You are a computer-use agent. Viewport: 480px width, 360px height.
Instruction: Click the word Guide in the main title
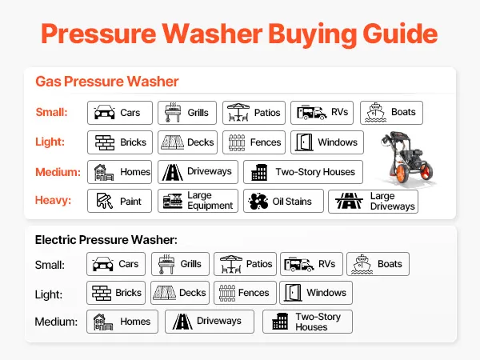(400, 34)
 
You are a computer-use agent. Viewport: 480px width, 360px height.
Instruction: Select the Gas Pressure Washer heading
(107, 82)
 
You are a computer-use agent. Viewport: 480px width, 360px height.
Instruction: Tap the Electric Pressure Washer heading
(106, 240)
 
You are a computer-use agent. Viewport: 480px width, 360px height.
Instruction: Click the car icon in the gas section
(104, 112)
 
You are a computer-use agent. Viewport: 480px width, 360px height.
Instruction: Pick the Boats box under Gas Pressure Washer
(391, 113)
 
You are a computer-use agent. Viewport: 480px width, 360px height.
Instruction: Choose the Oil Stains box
(283, 201)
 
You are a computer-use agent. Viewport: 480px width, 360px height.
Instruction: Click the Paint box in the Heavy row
(119, 201)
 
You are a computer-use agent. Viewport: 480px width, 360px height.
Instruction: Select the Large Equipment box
(198, 201)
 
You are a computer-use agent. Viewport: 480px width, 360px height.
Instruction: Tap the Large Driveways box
(373, 202)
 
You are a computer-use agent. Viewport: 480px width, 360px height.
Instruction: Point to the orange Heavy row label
(53, 200)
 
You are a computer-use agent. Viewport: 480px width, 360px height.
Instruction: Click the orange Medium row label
(58, 172)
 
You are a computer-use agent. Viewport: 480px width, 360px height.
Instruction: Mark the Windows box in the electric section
(316, 293)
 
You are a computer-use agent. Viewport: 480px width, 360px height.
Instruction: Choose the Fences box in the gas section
(254, 142)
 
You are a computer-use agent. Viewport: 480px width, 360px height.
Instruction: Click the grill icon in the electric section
(166, 264)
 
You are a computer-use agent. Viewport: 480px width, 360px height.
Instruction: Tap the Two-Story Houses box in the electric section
(307, 322)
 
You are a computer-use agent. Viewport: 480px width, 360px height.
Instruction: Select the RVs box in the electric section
(311, 264)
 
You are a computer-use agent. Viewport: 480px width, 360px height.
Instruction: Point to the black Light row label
(48, 294)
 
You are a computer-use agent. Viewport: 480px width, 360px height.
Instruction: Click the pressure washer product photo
(406, 157)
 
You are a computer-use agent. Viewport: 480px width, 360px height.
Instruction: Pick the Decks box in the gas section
(187, 142)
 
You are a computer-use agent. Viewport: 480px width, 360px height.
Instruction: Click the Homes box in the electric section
(122, 322)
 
